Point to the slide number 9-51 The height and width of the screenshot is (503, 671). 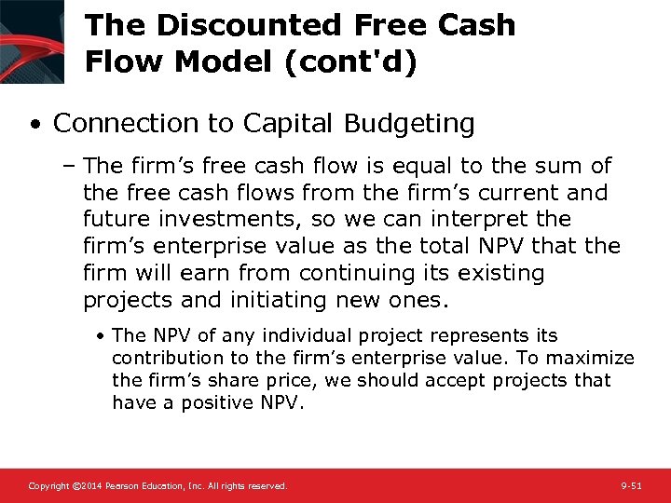pos(632,486)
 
